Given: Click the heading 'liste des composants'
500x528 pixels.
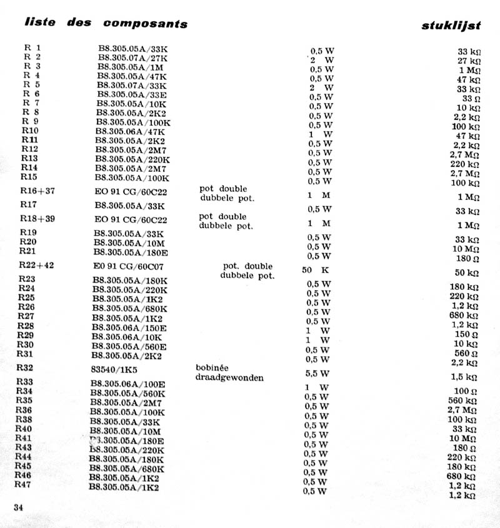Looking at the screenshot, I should pos(106,23).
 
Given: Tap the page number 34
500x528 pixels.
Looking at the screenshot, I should pos(17,506).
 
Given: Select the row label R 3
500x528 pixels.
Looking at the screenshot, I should pos(32,67).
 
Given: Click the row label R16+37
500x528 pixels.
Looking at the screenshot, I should pos(37,191).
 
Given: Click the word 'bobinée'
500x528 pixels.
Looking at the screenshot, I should pos(214,368).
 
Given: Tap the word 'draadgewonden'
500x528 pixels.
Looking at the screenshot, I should pos(229,377).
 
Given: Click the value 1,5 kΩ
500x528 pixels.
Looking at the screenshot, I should pos(465,377).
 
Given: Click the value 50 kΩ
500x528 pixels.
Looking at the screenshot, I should pos(466,273).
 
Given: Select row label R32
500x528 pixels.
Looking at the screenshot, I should pos(26,368).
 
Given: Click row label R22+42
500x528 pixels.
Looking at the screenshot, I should pos(37,265).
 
